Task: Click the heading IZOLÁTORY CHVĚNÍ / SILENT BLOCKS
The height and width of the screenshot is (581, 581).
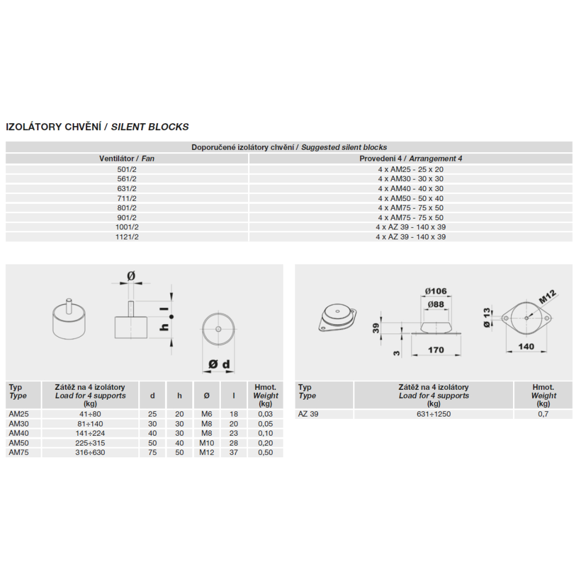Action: (97, 127)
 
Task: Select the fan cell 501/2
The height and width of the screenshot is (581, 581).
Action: (127, 169)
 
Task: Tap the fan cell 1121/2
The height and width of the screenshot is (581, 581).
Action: (127, 237)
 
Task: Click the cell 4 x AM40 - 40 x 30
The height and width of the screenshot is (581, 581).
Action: (410, 188)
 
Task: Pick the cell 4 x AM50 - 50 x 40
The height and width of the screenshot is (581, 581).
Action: (410, 198)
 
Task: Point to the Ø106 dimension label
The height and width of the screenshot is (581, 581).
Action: (435, 291)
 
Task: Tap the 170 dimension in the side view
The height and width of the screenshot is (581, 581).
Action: (436, 350)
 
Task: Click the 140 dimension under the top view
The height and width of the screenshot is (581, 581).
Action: (526, 347)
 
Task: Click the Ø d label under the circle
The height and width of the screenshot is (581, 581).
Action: (219, 364)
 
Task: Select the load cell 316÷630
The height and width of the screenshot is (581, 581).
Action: (89, 453)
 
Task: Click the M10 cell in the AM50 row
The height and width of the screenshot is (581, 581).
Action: (207, 443)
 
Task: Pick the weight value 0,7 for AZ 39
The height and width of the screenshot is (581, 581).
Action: (543, 414)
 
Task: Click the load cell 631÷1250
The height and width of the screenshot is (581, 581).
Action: (433, 414)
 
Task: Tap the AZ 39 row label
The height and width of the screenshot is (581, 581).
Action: (308, 414)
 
